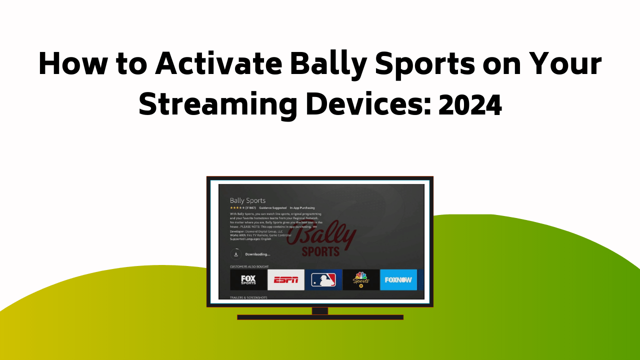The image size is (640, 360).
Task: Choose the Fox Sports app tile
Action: tap(248, 280)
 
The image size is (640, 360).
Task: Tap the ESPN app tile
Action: tap(286, 280)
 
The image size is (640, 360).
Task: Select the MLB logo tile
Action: tap(323, 280)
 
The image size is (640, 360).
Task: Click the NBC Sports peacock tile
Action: tap(361, 280)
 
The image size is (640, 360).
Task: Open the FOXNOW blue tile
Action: tap(398, 280)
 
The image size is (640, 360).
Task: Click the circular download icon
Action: tap(236, 254)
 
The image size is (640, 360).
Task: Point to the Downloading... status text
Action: tap(257, 254)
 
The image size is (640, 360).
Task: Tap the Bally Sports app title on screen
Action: tap(247, 200)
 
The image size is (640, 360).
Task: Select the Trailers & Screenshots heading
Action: tap(248, 297)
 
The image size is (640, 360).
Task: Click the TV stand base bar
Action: tap(320, 317)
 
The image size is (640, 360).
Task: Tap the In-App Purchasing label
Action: tap(302, 207)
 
